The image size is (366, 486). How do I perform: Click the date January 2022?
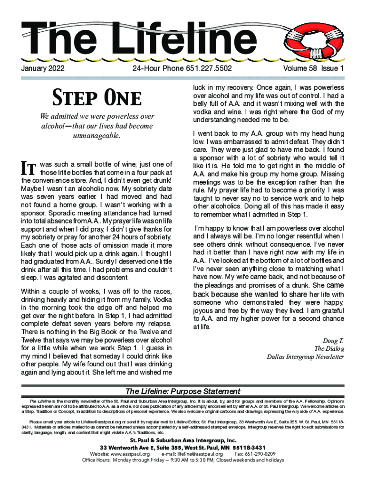pyautogui.click(x=43, y=69)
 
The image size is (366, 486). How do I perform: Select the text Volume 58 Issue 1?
pyautogui.click(x=313, y=69)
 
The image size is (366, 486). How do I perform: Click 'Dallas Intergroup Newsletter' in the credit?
pyautogui.click(x=305, y=357)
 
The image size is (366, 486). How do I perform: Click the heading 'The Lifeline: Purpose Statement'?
pyautogui.click(x=183, y=392)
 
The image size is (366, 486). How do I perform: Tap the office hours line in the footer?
pyautogui.click(x=183, y=460)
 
